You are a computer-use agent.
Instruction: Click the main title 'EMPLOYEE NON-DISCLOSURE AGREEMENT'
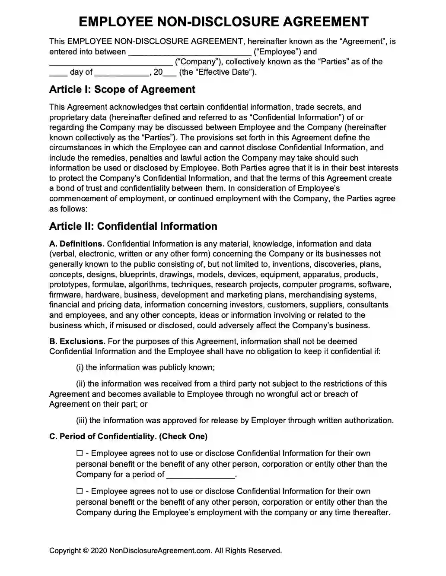click(x=223, y=22)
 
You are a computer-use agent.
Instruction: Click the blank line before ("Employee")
click(x=190, y=53)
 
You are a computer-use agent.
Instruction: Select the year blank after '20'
click(x=170, y=73)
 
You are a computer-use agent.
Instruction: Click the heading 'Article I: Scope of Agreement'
click(x=122, y=89)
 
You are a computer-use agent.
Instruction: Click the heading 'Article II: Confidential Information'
click(x=133, y=226)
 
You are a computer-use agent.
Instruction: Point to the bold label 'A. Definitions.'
click(x=77, y=244)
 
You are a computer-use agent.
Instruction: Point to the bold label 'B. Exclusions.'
click(x=77, y=342)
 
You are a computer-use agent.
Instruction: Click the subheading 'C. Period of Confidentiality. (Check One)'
click(x=128, y=437)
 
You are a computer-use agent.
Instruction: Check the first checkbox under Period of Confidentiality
click(x=79, y=453)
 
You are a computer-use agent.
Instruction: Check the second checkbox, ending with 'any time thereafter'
click(x=79, y=491)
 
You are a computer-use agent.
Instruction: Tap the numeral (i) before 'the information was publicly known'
click(x=80, y=367)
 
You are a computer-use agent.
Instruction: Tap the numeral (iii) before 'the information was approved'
click(x=82, y=421)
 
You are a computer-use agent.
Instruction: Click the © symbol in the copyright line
click(x=86, y=551)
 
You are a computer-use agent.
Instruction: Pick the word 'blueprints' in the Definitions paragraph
click(x=138, y=275)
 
